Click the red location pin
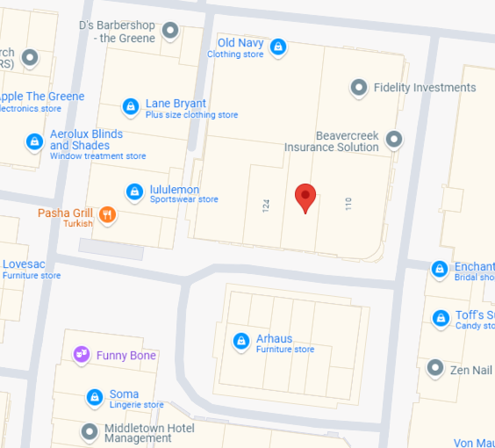tap(305, 197)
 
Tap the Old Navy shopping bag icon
tap(278, 47)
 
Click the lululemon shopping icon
tap(134, 191)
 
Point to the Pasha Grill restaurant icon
tap(107, 214)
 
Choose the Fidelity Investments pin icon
tap(358, 87)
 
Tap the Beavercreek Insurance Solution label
tap(332, 141)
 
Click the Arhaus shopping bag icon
tap(240, 340)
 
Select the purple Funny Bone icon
tap(82, 355)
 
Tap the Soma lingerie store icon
tap(94, 397)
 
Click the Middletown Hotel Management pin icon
tap(89, 431)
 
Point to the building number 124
tap(265, 206)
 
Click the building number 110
tap(348, 204)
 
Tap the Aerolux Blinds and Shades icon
tap(34, 141)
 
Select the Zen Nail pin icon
tap(435, 368)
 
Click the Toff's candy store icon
tap(440, 317)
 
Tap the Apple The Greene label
tap(41, 97)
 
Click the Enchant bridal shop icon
tap(440, 269)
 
